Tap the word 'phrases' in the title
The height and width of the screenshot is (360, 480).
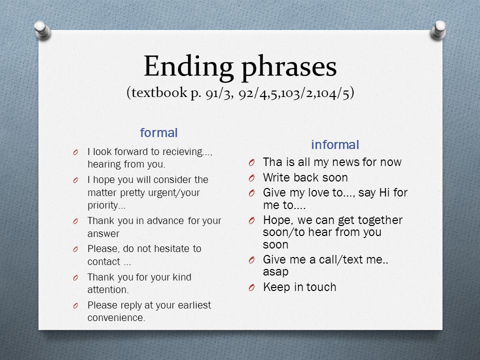point(289,68)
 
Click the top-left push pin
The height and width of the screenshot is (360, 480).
point(42,30)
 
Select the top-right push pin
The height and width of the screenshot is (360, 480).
point(438,30)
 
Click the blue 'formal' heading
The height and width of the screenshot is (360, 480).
point(158,132)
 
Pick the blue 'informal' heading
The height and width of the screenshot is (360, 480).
point(335,144)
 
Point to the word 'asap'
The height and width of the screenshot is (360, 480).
point(275,272)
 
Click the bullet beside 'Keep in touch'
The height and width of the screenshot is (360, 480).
point(251,288)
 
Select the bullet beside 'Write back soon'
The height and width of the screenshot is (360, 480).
point(251,178)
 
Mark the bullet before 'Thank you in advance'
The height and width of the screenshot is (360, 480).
point(75,221)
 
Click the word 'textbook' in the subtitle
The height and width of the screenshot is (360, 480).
point(159,92)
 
